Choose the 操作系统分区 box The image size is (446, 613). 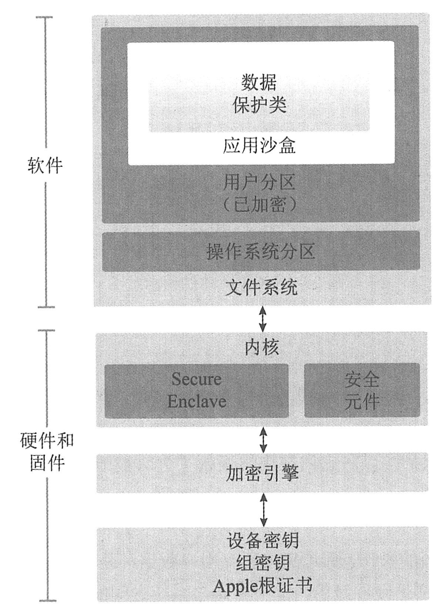261,252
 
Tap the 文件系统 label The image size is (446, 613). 261,287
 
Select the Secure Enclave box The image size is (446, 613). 196,390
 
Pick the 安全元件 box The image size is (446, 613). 362,390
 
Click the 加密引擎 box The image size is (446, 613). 262,472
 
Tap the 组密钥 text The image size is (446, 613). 262,563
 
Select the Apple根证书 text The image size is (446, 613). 262,586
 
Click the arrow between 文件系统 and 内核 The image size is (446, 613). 262,319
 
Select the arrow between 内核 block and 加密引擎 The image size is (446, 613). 263,439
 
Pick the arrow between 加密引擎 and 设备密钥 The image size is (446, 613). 264,509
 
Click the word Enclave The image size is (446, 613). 196,401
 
